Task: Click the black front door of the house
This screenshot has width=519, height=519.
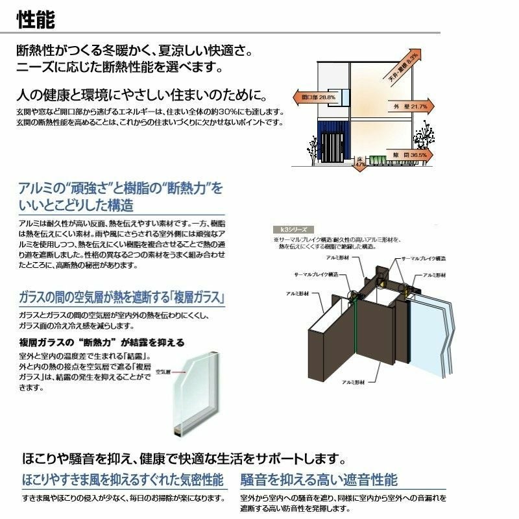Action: tap(333, 151)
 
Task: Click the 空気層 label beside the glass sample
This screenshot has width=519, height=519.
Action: tap(162, 372)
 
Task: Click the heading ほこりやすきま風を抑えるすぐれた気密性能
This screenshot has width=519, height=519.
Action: tap(123, 480)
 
